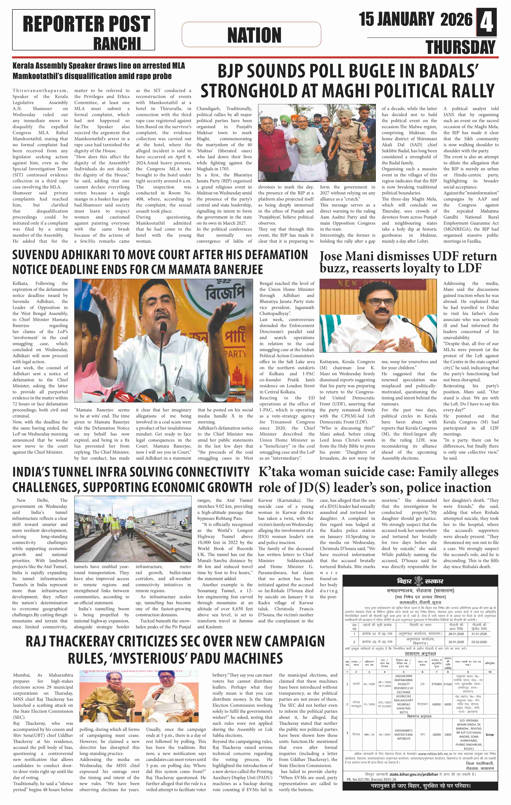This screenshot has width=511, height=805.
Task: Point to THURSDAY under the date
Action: click(460, 47)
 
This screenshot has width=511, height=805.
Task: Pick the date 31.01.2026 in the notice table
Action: click(479, 634)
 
